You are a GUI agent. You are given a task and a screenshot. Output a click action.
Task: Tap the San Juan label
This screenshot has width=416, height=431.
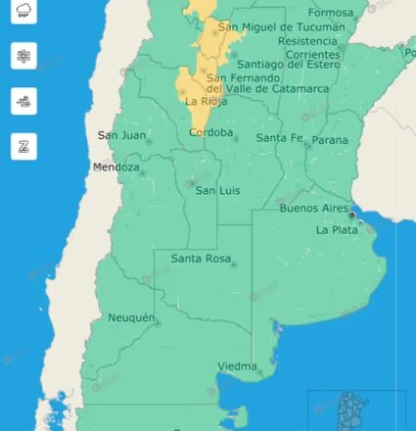(x=122, y=135)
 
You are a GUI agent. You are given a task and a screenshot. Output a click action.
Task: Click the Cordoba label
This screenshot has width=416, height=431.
(x=211, y=132)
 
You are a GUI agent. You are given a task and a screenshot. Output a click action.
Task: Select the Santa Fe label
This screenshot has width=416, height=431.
(x=279, y=138)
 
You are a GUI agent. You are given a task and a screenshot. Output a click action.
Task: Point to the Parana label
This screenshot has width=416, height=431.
(x=330, y=140)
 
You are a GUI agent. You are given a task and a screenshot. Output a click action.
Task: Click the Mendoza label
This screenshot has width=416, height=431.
(x=116, y=168)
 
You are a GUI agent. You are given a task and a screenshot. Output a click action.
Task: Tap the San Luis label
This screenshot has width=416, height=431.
(x=218, y=190)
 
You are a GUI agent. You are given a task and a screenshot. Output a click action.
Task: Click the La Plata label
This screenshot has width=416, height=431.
(x=335, y=229)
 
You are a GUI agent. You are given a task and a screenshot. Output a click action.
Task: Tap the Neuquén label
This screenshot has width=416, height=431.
(x=130, y=318)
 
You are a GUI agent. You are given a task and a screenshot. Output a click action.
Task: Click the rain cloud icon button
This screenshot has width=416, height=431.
(x=24, y=14)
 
